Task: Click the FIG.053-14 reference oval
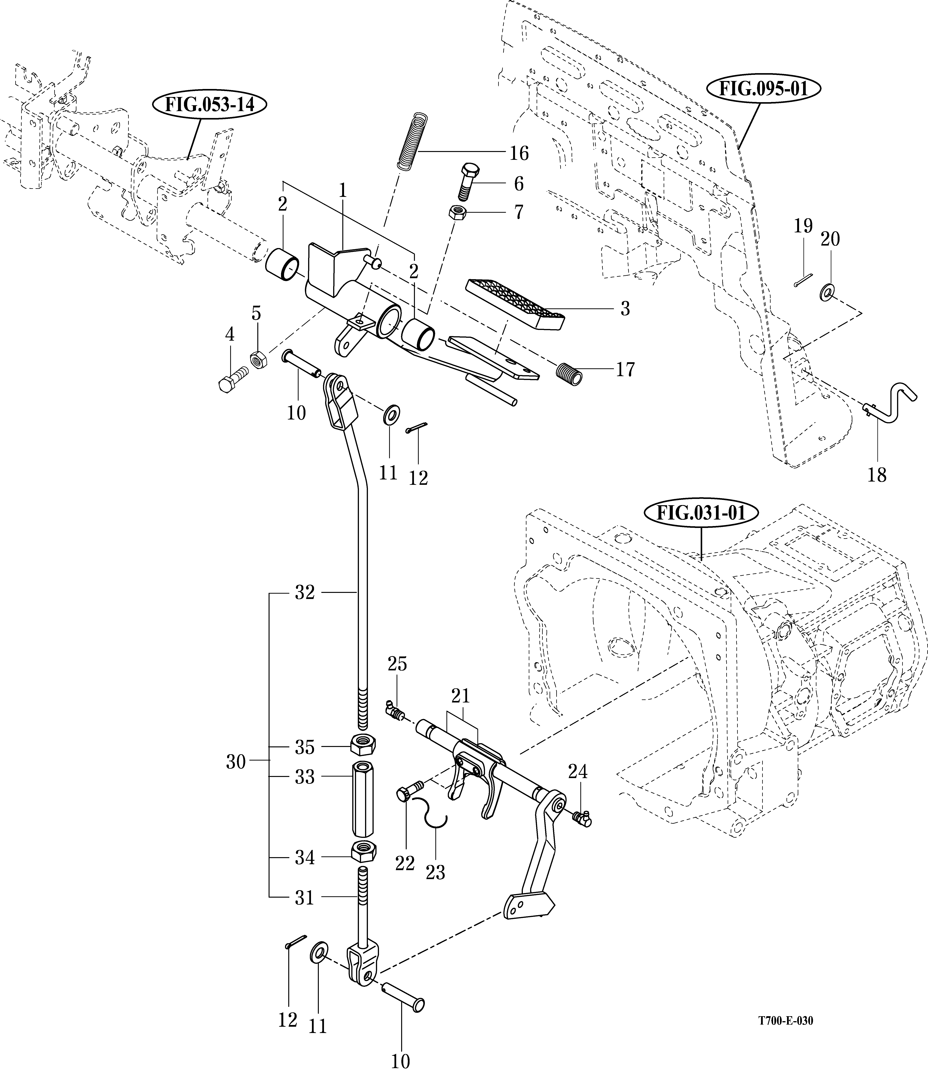coord(210,105)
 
